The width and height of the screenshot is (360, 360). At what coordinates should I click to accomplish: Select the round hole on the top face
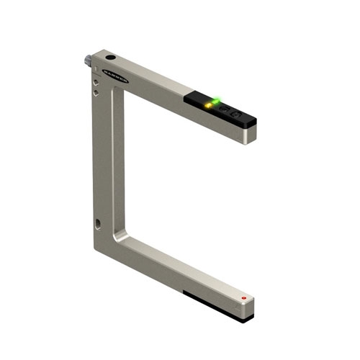coord(110,57)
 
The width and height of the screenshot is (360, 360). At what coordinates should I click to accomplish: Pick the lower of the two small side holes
coord(96,92)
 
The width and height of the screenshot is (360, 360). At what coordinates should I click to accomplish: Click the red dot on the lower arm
coord(244,297)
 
